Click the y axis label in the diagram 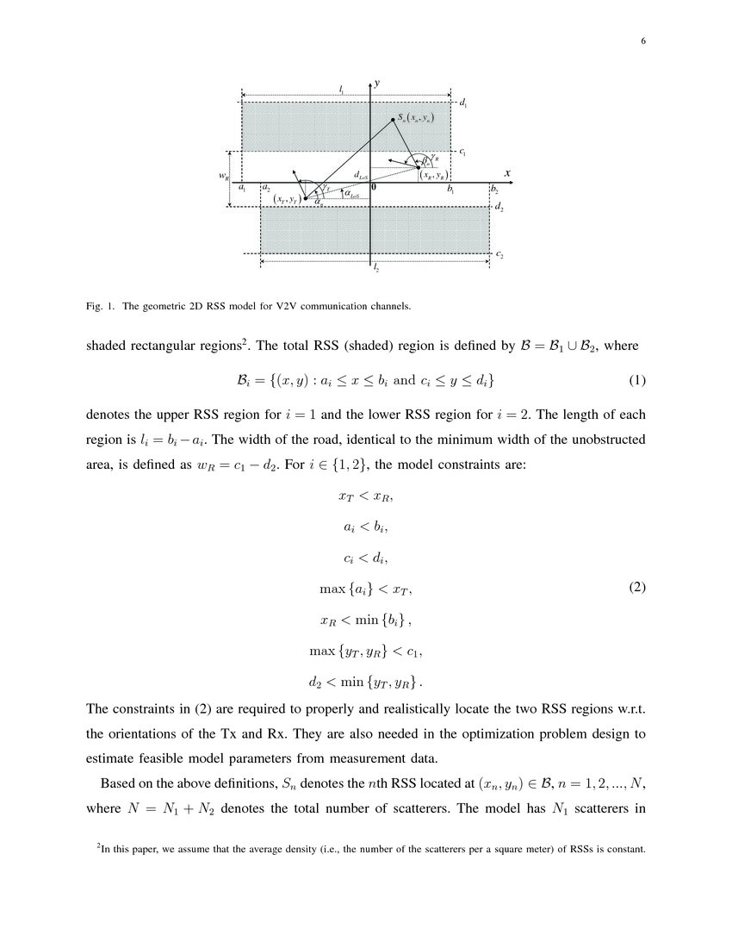(376, 83)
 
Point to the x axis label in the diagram (507, 173)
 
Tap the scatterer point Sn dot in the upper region (394, 118)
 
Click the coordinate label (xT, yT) (286, 199)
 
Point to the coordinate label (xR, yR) (434, 176)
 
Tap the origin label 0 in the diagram (374, 187)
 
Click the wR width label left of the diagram (224, 177)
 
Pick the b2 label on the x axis (493, 188)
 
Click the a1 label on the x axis (244, 187)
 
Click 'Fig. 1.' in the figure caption (100, 305)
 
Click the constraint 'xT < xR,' (365, 496)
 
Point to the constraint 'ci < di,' (365, 558)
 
